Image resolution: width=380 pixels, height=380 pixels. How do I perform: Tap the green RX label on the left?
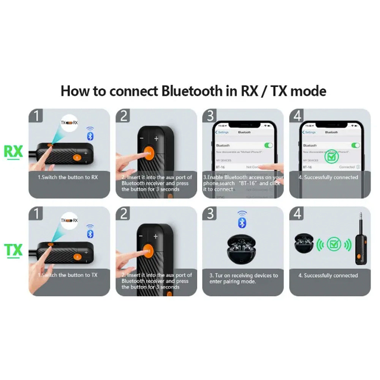point(13,152)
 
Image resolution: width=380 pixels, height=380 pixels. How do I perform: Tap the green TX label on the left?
point(13,250)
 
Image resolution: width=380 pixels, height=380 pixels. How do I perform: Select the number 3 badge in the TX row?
point(210,214)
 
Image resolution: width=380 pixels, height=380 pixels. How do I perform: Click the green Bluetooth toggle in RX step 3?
point(268,145)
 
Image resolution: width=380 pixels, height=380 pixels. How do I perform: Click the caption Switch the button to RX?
point(68,177)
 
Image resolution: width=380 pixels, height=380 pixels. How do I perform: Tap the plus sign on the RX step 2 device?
point(156,139)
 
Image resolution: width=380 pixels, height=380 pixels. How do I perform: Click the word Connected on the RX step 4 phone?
point(347,167)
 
